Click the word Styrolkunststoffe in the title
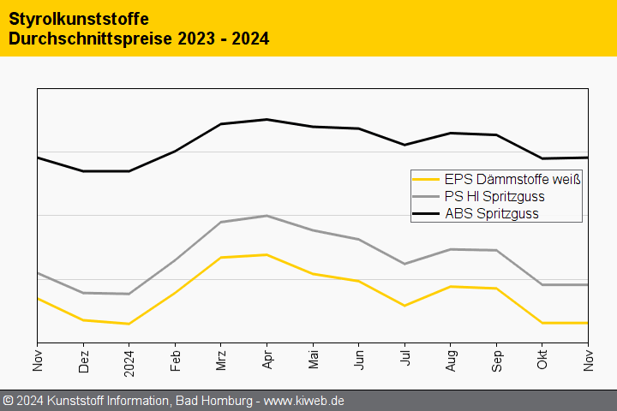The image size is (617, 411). coord(79,18)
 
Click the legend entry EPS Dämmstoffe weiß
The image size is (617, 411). coord(512,180)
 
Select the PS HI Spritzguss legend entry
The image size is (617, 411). coord(494,196)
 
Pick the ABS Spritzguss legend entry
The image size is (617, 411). coord(492,213)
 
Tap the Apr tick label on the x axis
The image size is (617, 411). coord(267,360)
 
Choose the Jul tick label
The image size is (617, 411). coord(405,361)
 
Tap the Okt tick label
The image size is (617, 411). coord(542,360)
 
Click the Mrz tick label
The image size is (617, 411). coord(221,360)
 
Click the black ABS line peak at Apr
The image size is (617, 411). coord(267,119)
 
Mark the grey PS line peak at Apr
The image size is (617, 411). coord(267,216)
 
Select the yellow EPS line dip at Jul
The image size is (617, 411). coord(405,306)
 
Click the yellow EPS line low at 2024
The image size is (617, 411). coord(129,324)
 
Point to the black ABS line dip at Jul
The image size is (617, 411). coord(405,145)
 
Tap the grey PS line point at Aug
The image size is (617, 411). coord(451,249)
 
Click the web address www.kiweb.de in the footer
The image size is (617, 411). coord(303,401)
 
